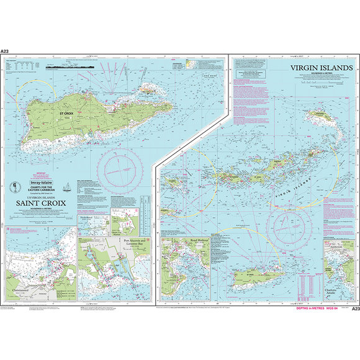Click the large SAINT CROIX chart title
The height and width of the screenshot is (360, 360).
coord(38,202)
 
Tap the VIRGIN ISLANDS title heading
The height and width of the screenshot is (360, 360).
coord(321,68)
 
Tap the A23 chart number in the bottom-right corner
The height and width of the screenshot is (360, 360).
coord(355,308)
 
